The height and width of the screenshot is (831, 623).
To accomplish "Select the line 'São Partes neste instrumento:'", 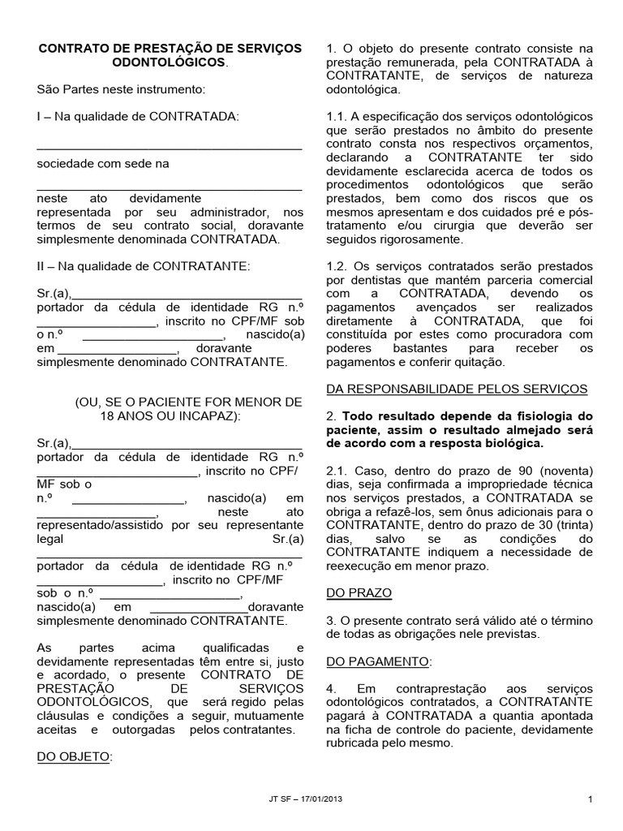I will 121,89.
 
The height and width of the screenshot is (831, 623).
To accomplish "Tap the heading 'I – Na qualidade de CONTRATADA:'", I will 138,117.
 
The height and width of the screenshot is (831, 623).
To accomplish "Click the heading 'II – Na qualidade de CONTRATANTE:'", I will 144,265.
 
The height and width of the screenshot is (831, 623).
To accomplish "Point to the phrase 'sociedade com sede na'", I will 103,163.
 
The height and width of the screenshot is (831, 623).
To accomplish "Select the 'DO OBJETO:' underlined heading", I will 75,756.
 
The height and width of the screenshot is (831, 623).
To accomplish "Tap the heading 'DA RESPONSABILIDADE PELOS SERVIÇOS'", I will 457,389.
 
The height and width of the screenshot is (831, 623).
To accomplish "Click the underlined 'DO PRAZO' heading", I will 359,592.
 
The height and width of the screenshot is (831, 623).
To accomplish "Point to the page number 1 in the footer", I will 591,800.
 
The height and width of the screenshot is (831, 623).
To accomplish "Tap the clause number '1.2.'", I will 337,265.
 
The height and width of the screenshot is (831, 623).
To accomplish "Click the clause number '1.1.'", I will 337,117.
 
